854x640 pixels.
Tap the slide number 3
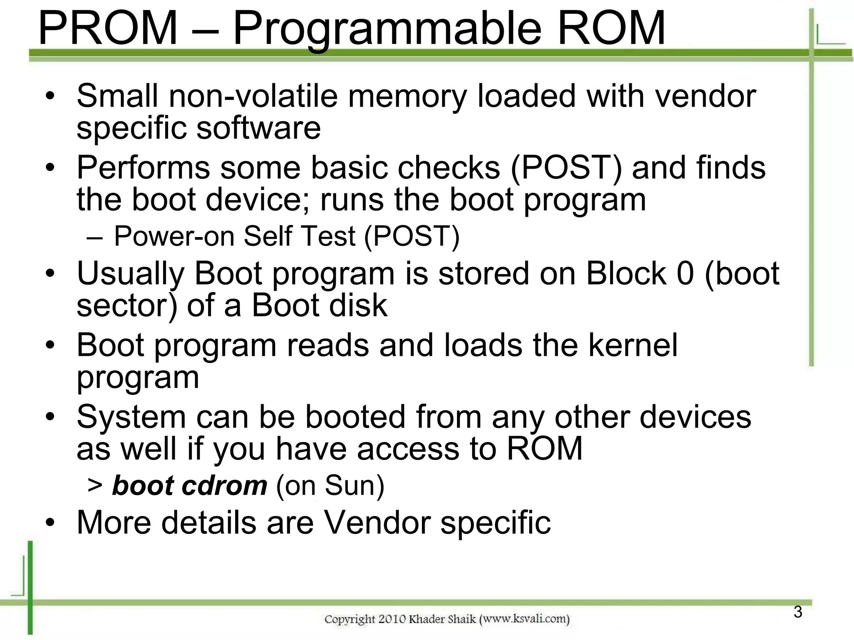pyautogui.click(x=798, y=612)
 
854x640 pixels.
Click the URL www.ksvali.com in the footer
pyautogui.click(x=525, y=619)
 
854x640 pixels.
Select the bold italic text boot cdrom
pyautogui.click(x=189, y=485)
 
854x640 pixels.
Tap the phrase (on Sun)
pyautogui.click(x=330, y=485)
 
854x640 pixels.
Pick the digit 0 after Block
pyautogui.click(x=685, y=273)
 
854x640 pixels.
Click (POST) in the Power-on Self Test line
pyautogui.click(x=412, y=236)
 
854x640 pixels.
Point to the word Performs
pyautogui.click(x=143, y=168)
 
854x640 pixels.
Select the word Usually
pyautogui.click(x=131, y=274)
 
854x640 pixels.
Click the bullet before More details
pyautogui.click(x=50, y=522)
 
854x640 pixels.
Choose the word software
pyautogui.click(x=258, y=127)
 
